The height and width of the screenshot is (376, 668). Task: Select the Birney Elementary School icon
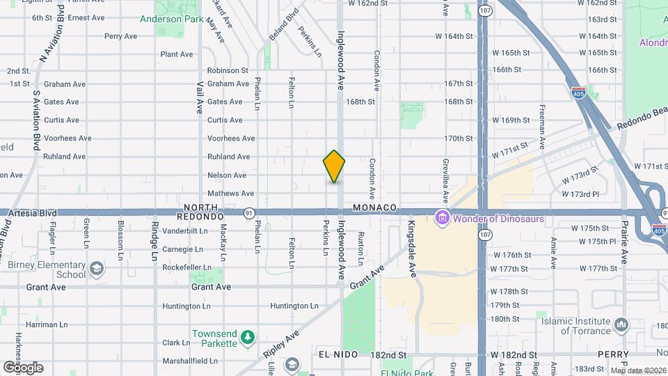point(96,267)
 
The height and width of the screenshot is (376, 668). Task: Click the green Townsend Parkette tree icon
point(247,338)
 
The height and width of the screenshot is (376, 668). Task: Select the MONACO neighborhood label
point(374,208)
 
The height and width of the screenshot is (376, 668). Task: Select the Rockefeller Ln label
point(186,267)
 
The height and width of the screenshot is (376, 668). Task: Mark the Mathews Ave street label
point(230,194)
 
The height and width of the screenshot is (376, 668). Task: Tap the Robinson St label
point(228,70)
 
